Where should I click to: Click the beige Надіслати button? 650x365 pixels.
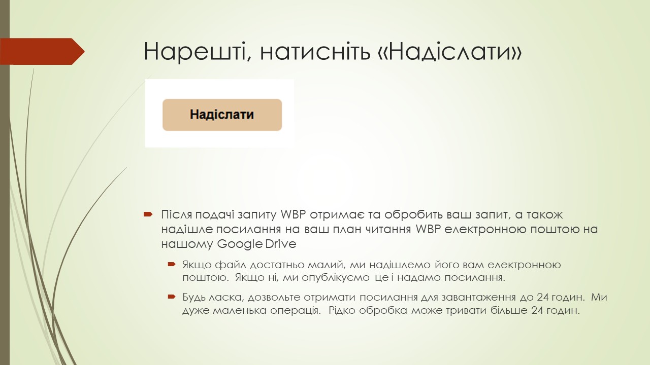point(222,115)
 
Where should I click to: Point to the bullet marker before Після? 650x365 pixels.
point(148,214)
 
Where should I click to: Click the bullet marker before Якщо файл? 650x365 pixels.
point(172,265)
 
